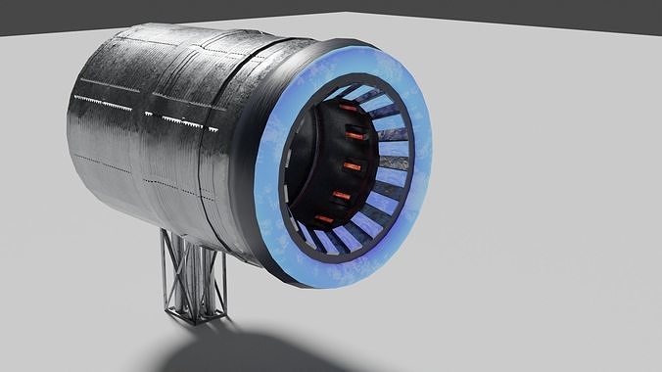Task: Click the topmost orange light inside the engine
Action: click(348, 107)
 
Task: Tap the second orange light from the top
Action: click(355, 135)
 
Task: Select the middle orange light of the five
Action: click(353, 165)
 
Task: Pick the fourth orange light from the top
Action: click(342, 196)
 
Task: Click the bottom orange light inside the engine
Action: click(324, 220)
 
